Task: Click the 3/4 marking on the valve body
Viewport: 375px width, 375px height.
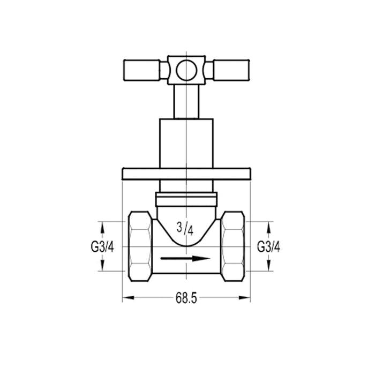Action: point(185,229)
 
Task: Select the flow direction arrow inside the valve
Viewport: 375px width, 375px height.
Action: point(185,259)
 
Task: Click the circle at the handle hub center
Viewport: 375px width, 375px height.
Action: point(185,70)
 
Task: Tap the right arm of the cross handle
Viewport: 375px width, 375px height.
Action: point(229,70)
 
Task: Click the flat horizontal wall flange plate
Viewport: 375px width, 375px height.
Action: point(185,174)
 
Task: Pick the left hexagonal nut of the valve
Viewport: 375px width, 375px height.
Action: point(140,247)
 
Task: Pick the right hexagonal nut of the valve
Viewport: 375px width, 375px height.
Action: point(233,247)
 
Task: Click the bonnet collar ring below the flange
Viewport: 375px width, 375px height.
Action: point(185,199)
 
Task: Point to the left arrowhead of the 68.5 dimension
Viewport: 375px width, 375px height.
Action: point(126,297)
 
